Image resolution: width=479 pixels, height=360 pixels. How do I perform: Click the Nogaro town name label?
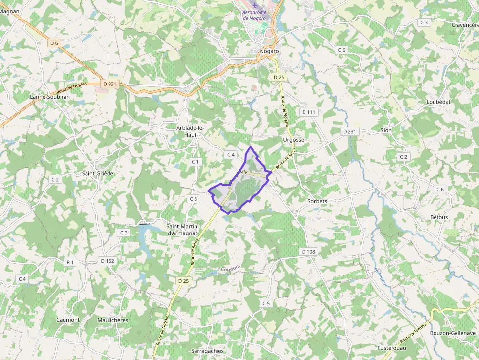tap(269, 51)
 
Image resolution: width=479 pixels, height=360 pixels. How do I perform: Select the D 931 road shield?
tap(109, 84)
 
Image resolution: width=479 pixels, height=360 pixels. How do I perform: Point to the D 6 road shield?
tap(54, 43)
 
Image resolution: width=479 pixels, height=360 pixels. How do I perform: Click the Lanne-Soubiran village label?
tap(50, 97)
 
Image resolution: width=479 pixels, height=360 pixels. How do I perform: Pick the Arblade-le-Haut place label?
tap(190, 131)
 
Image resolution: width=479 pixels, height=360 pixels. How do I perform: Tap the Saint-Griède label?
tap(98, 173)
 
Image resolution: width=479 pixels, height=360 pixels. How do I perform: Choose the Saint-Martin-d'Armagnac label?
tap(183, 230)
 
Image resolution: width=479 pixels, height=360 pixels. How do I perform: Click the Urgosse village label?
tap(293, 140)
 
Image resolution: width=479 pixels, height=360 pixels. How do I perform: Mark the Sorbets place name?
tap(317, 201)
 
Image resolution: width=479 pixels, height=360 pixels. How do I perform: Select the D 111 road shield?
tap(309, 112)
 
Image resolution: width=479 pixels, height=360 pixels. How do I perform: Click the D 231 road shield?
tap(350, 132)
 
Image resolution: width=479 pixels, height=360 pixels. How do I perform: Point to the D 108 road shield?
tap(309, 252)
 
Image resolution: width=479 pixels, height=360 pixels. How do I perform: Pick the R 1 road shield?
tap(70, 262)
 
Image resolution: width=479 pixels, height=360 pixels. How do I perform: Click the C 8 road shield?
tap(194, 199)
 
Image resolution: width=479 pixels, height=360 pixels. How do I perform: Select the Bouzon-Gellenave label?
tap(453, 333)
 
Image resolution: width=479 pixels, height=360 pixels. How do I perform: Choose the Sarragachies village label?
tap(207, 351)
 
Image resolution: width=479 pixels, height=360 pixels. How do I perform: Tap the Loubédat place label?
tap(438, 102)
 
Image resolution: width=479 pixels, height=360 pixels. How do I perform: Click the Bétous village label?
tap(439, 217)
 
